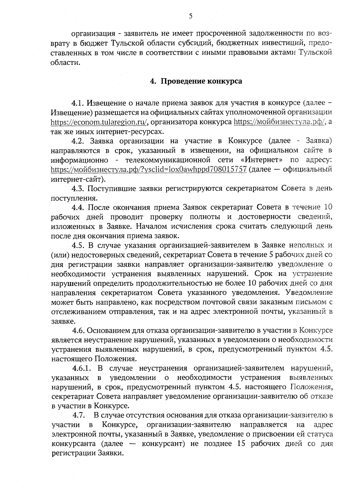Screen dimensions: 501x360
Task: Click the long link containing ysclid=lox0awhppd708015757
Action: [x=149, y=169]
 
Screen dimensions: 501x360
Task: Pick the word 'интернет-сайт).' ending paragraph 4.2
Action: [x=78, y=179]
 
